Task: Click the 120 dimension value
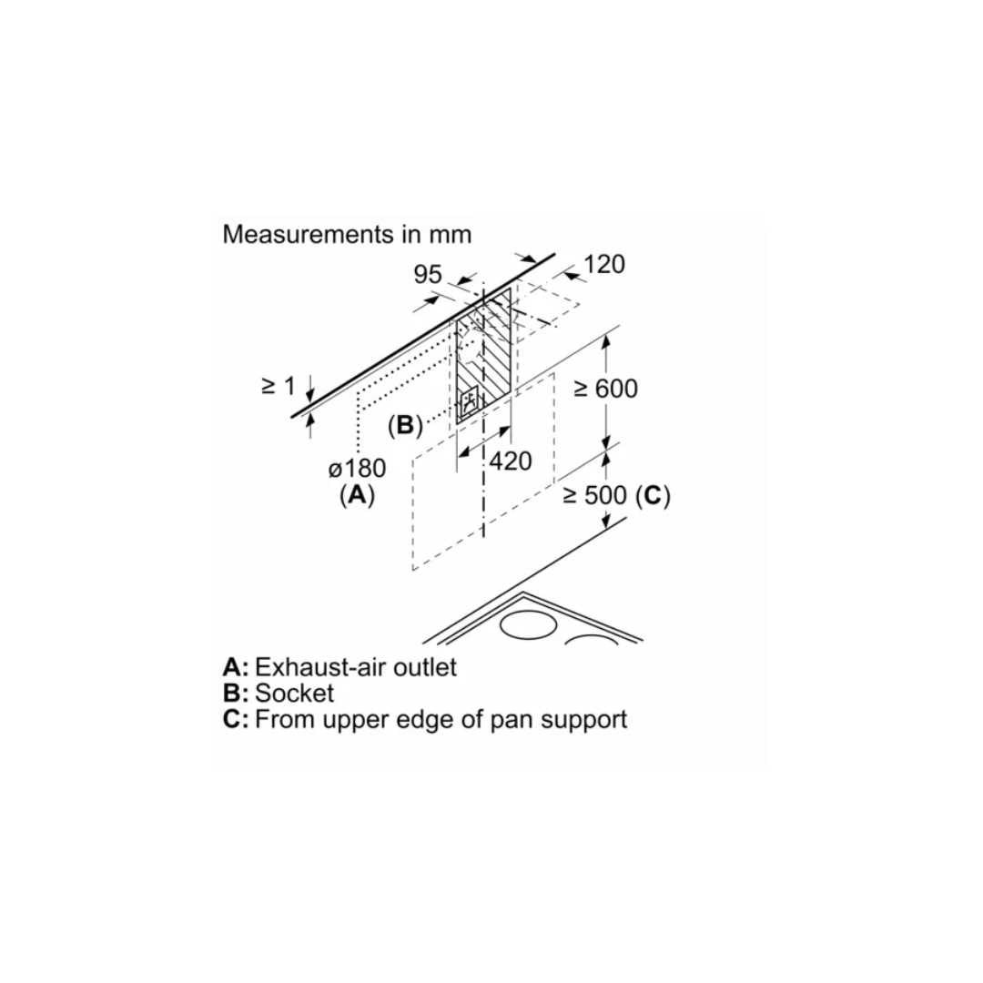pos(604,264)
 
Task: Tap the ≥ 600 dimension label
pos(605,389)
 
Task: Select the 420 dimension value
pos(510,461)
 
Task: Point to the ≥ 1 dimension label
pos(279,386)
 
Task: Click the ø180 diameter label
pos(358,470)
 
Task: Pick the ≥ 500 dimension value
pos(595,496)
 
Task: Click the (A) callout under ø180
pos(357,496)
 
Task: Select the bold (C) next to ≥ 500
pos(653,496)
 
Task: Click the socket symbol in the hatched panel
pos(471,402)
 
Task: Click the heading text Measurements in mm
pos(347,234)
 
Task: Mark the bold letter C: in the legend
pos(236,719)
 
